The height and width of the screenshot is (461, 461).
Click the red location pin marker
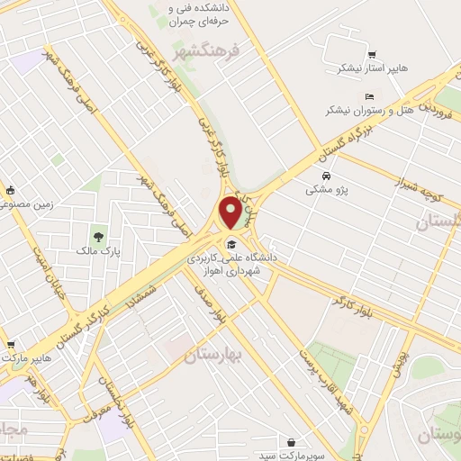click(230, 212)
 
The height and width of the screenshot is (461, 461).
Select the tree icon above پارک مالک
click(98, 237)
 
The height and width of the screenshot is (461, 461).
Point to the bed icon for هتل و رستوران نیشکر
click(369, 96)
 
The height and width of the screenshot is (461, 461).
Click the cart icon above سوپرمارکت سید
click(293, 442)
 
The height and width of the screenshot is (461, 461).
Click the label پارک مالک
click(98, 253)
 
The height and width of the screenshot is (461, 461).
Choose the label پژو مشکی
click(325, 190)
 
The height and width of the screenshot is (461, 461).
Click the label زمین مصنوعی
click(32, 204)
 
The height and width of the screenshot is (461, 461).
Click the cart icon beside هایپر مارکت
click(11, 343)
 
